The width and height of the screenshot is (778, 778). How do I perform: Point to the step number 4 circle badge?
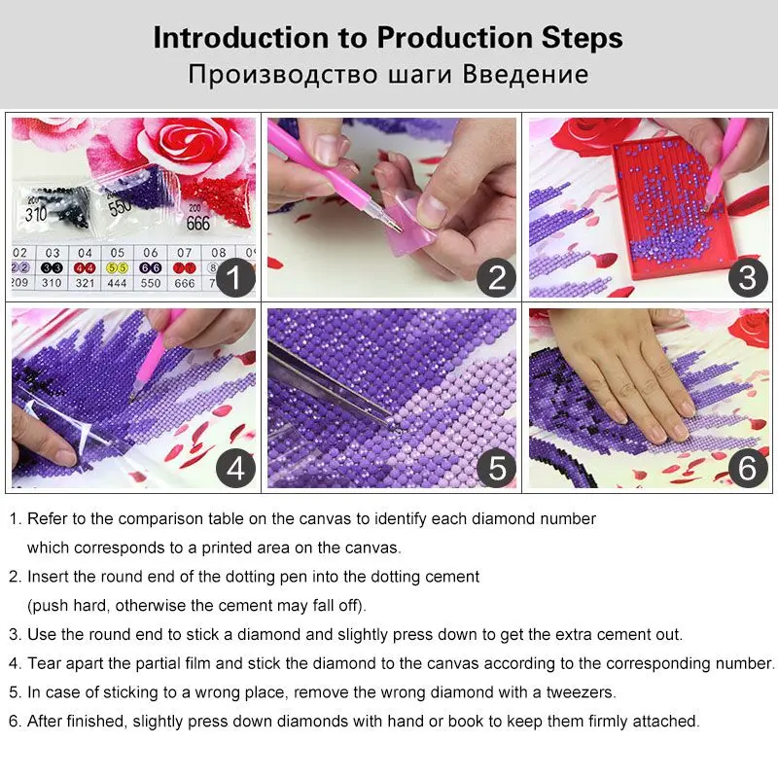pos(233,469)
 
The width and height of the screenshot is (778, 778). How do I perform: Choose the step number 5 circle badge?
pos(496,469)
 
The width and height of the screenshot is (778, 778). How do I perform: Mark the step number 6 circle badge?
pos(747,469)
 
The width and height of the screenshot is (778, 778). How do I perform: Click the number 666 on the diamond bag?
pos(197,223)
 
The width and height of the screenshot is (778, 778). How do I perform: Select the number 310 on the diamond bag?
pos(36,213)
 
